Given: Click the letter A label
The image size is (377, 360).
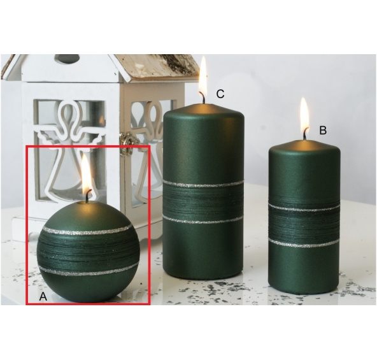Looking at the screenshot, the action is tap(43, 296).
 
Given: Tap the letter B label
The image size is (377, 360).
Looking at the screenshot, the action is tap(323, 131).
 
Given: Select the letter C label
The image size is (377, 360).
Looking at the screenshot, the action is tap(220, 94).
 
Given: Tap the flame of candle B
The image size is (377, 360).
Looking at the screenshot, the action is tap(304, 113).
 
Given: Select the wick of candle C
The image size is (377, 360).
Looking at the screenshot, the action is tap(203, 97).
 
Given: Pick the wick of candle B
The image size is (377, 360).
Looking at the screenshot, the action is tap(305, 134).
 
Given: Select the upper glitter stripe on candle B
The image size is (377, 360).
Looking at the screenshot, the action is tap(304, 208).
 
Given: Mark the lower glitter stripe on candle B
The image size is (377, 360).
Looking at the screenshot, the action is tap(304, 244).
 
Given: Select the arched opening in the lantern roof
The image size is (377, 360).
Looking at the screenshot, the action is tap(67, 60).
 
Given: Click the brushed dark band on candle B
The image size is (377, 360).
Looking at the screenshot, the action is tap(304, 226).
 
